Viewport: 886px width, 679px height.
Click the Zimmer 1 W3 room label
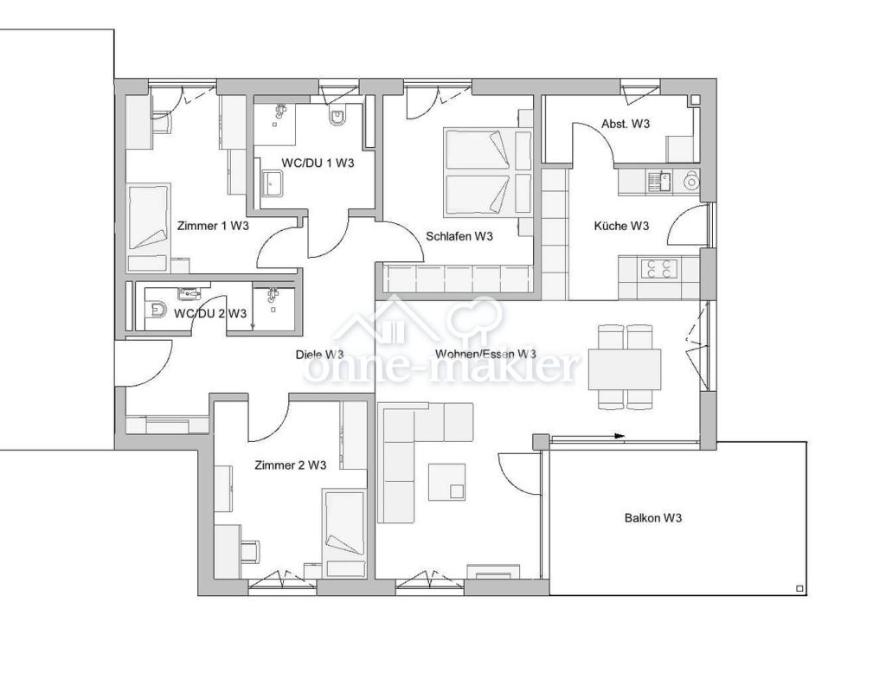coord(213,226)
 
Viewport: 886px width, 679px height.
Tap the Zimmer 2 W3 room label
coord(290,465)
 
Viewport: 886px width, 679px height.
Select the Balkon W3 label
coord(653,518)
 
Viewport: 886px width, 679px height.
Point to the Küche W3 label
coord(621,226)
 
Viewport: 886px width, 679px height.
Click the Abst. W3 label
coord(626,124)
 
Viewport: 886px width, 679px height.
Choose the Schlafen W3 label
coord(459,236)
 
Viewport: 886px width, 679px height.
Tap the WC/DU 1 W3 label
coord(318,162)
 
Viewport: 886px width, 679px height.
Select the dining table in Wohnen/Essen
coord(625,369)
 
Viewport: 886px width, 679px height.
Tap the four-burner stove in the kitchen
coord(658,268)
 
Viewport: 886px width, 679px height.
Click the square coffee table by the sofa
coord(446,482)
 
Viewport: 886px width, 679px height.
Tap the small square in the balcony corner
coord(799,589)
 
